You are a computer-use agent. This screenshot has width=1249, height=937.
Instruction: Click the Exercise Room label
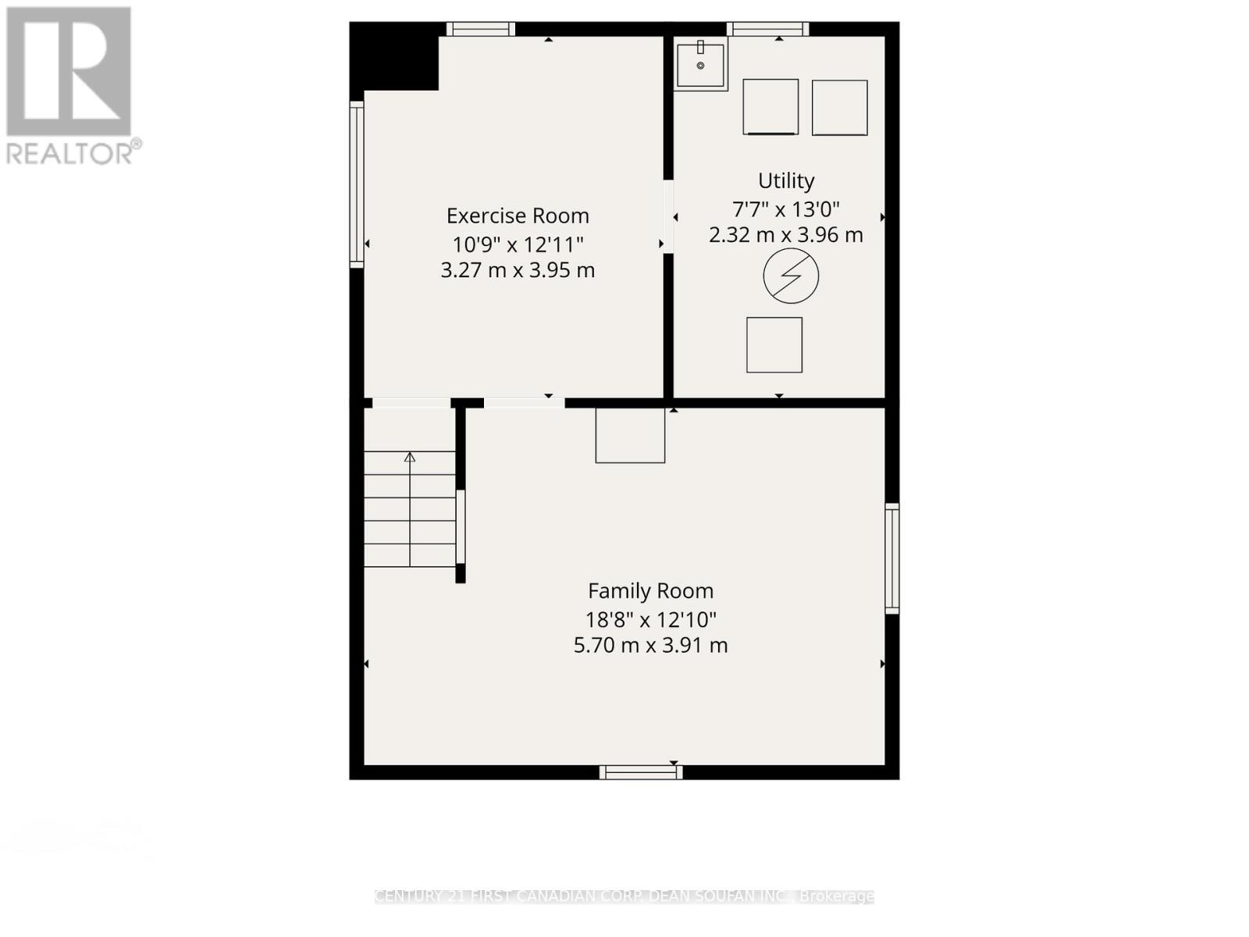(x=518, y=216)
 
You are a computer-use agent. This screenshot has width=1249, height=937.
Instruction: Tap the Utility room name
(x=786, y=180)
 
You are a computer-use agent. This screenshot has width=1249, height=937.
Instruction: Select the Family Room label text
(x=650, y=591)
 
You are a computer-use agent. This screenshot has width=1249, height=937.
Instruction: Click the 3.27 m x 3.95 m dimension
(x=518, y=270)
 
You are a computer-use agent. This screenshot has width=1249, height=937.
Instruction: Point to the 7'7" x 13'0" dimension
(x=786, y=209)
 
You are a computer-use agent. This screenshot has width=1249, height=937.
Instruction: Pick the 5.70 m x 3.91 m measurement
(x=650, y=645)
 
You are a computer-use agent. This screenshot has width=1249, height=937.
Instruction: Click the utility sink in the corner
(x=700, y=65)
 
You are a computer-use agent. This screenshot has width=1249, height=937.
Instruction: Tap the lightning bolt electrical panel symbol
(x=791, y=276)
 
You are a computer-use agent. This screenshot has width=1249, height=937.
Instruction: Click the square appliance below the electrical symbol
(x=774, y=344)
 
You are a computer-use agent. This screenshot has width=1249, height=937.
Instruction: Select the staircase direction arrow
(x=409, y=458)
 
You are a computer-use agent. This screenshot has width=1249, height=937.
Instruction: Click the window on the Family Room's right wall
(x=891, y=558)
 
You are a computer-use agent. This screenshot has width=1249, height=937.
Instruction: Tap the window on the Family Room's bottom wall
(x=641, y=772)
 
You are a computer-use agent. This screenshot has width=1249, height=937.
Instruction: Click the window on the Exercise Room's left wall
(x=357, y=183)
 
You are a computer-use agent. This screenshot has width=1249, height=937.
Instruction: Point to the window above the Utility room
(x=767, y=30)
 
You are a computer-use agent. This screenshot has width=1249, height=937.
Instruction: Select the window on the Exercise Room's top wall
(x=480, y=30)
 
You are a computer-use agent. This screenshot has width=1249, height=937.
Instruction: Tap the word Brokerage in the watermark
(x=837, y=896)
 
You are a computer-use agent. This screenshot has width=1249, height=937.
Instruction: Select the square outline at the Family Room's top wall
(x=630, y=435)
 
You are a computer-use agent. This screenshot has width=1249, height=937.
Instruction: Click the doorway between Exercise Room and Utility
(x=668, y=216)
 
